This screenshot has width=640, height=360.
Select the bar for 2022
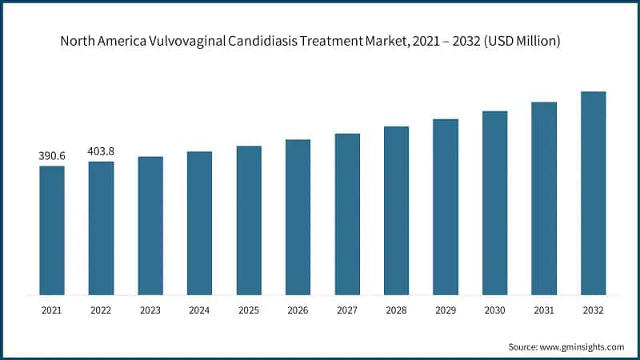click(101, 227)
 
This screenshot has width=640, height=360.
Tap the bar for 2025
click(249, 219)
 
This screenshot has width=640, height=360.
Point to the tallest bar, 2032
click(593, 192)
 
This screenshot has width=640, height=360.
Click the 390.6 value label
click(52, 156)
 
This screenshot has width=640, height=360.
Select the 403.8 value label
click(101, 151)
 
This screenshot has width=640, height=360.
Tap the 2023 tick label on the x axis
click(150, 309)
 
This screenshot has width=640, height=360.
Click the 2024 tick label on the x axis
click(199, 309)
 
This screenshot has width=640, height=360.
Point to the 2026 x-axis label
click(298, 309)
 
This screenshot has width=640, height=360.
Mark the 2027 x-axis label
click(347, 309)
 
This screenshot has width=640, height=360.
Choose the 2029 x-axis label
click(446, 309)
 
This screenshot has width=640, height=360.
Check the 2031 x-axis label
click(544, 309)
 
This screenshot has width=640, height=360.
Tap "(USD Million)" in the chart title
click(520, 40)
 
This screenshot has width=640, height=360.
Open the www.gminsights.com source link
click(582, 346)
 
